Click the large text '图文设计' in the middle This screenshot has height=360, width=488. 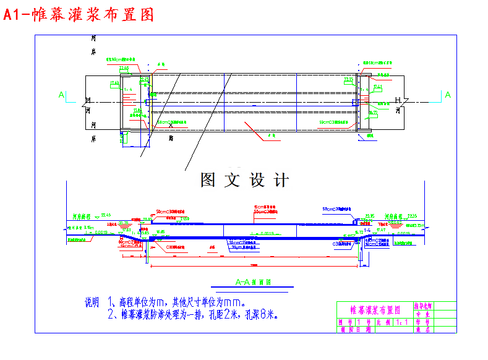click(x=244, y=180)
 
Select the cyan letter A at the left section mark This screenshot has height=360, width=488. click(x=61, y=95)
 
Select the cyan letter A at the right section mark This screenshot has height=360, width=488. click(x=448, y=95)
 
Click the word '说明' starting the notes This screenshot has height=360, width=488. click(x=92, y=303)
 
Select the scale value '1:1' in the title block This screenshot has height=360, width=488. click(x=403, y=322)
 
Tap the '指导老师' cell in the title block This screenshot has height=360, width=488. click(x=424, y=306)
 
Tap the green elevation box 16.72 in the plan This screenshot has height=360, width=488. click(x=373, y=113)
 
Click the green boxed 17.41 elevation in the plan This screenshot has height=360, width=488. click(x=378, y=87)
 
